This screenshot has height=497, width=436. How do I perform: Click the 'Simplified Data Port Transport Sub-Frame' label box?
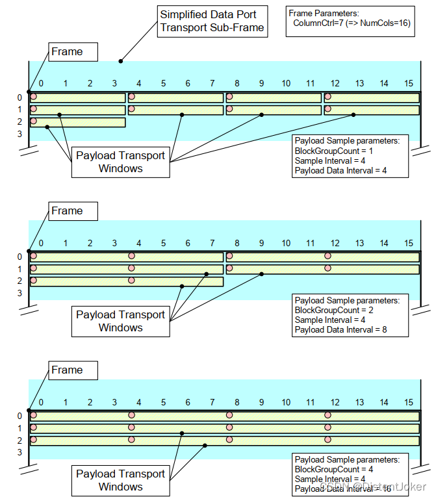(213, 20)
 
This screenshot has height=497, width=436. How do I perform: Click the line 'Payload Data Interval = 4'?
(340, 170)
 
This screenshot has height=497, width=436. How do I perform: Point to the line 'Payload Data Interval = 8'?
(340, 329)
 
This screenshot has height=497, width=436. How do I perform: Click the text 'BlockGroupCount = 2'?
(333, 310)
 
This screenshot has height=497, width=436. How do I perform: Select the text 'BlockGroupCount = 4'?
(333, 469)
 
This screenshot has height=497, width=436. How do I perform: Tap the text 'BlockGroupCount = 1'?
(333, 151)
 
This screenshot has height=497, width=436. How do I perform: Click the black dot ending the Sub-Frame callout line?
(120, 62)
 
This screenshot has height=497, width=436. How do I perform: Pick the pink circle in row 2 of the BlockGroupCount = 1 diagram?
(34, 121)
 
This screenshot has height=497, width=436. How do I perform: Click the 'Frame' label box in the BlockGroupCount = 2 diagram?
(68, 211)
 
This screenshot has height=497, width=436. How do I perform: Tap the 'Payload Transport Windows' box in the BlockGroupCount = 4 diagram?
(120, 480)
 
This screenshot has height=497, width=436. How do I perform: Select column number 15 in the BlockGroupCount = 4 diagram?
(409, 401)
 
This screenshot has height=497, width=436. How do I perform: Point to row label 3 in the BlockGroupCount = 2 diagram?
(19, 293)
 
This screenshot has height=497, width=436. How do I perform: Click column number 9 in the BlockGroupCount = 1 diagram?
(261, 83)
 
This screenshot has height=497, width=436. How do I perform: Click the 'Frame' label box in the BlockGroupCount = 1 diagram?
(68, 52)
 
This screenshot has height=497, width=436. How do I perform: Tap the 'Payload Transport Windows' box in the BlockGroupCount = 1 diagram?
(120, 162)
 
